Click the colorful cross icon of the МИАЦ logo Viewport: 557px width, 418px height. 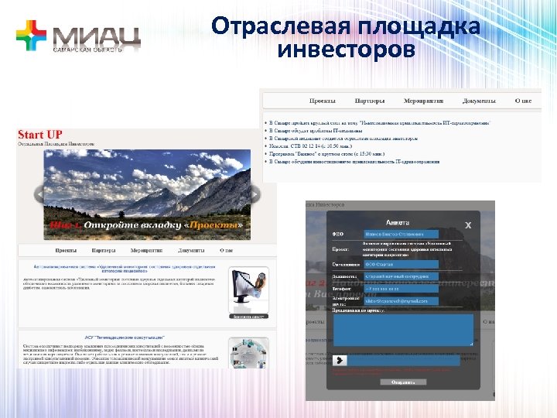[31, 36]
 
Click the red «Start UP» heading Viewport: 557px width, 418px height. [40, 135]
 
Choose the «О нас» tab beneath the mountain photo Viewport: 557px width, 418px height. [226, 251]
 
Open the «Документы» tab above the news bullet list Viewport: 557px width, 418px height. [479, 101]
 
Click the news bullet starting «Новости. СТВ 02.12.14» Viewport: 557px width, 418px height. [309, 146]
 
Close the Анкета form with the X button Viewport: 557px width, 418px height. [467, 224]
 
